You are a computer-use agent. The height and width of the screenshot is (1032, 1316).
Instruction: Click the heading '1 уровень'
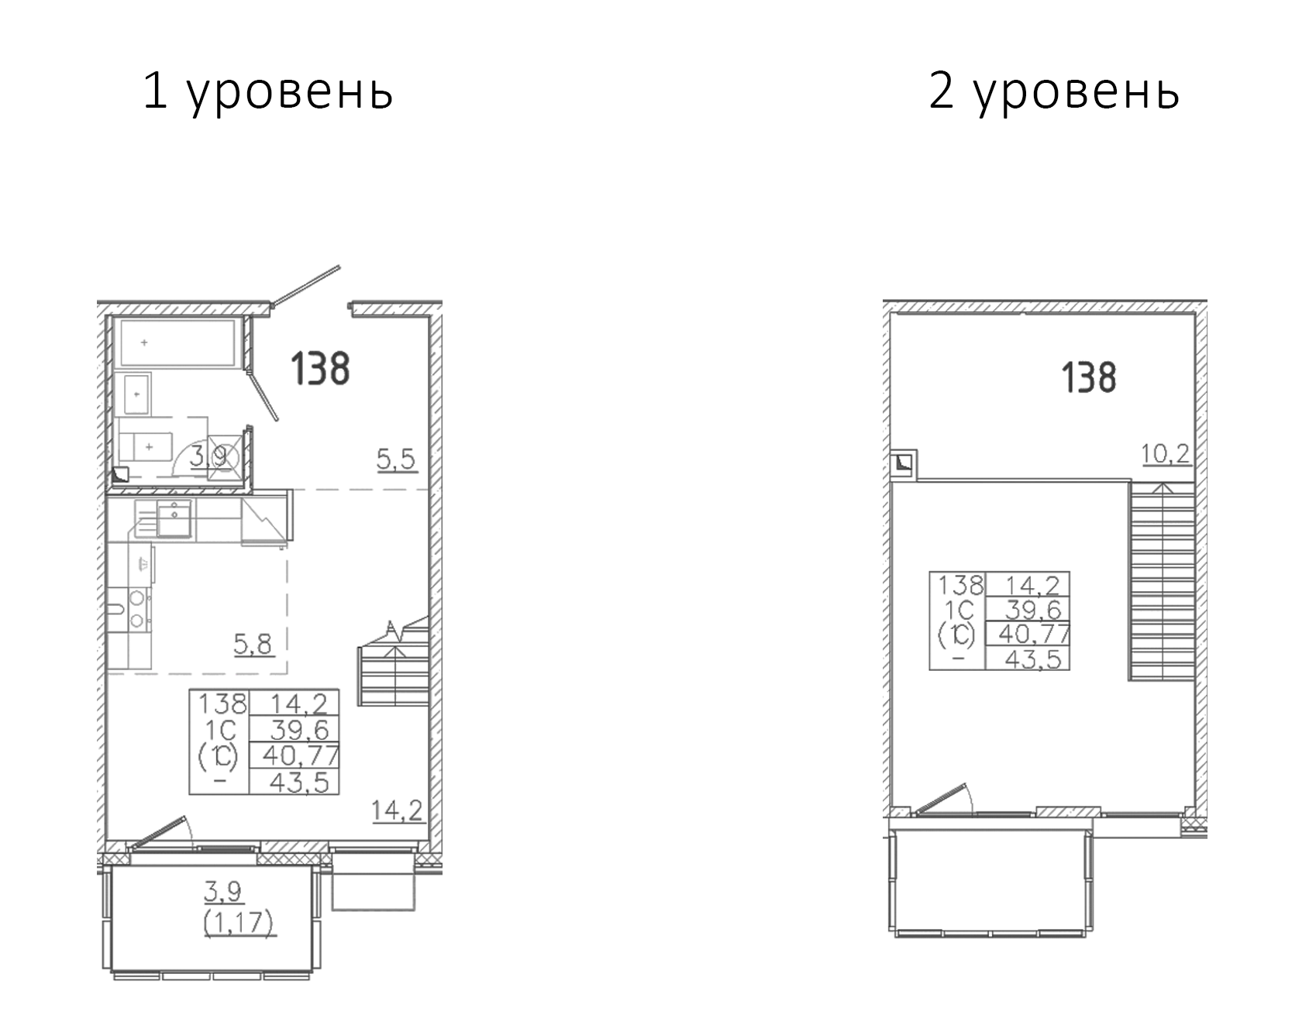pyautogui.click(x=268, y=92)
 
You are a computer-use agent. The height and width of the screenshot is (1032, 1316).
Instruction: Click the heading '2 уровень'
pyautogui.click(x=1054, y=92)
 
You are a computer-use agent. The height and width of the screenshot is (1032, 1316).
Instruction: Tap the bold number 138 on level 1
pyautogui.click(x=320, y=369)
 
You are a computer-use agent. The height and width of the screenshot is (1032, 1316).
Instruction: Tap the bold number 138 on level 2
pyautogui.click(x=1088, y=378)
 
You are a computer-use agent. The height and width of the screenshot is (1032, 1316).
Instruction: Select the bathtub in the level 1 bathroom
pyautogui.click(x=176, y=342)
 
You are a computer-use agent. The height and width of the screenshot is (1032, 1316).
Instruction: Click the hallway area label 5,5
pyautogui.click(x=396, y=459)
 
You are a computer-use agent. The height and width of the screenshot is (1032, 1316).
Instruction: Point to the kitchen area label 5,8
pyautogui.click(x=253, y=643)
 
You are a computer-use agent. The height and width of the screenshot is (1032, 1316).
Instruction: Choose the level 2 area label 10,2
pyautogui.click(x=1165, y=453)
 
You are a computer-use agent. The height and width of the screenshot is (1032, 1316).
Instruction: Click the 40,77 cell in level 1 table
pyautogui.click(x=301, y=755)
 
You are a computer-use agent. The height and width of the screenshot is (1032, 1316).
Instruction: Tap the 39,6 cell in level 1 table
pyautogui.click(x=301, y=729)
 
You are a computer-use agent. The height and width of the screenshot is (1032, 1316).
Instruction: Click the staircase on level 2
pyautogui.click(x=1160, y=581)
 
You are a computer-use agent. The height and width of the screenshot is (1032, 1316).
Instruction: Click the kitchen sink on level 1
pyautogui.click(x=175, y=518)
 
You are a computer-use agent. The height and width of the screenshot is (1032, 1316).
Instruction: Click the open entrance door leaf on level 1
pyautogui.click(x=306, y=284)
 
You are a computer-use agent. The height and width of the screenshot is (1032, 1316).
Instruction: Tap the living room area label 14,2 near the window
pyautogui.click(x=396, y=810)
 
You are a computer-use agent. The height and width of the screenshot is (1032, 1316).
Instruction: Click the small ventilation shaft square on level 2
pyautogui.click(x=904, y=464)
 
